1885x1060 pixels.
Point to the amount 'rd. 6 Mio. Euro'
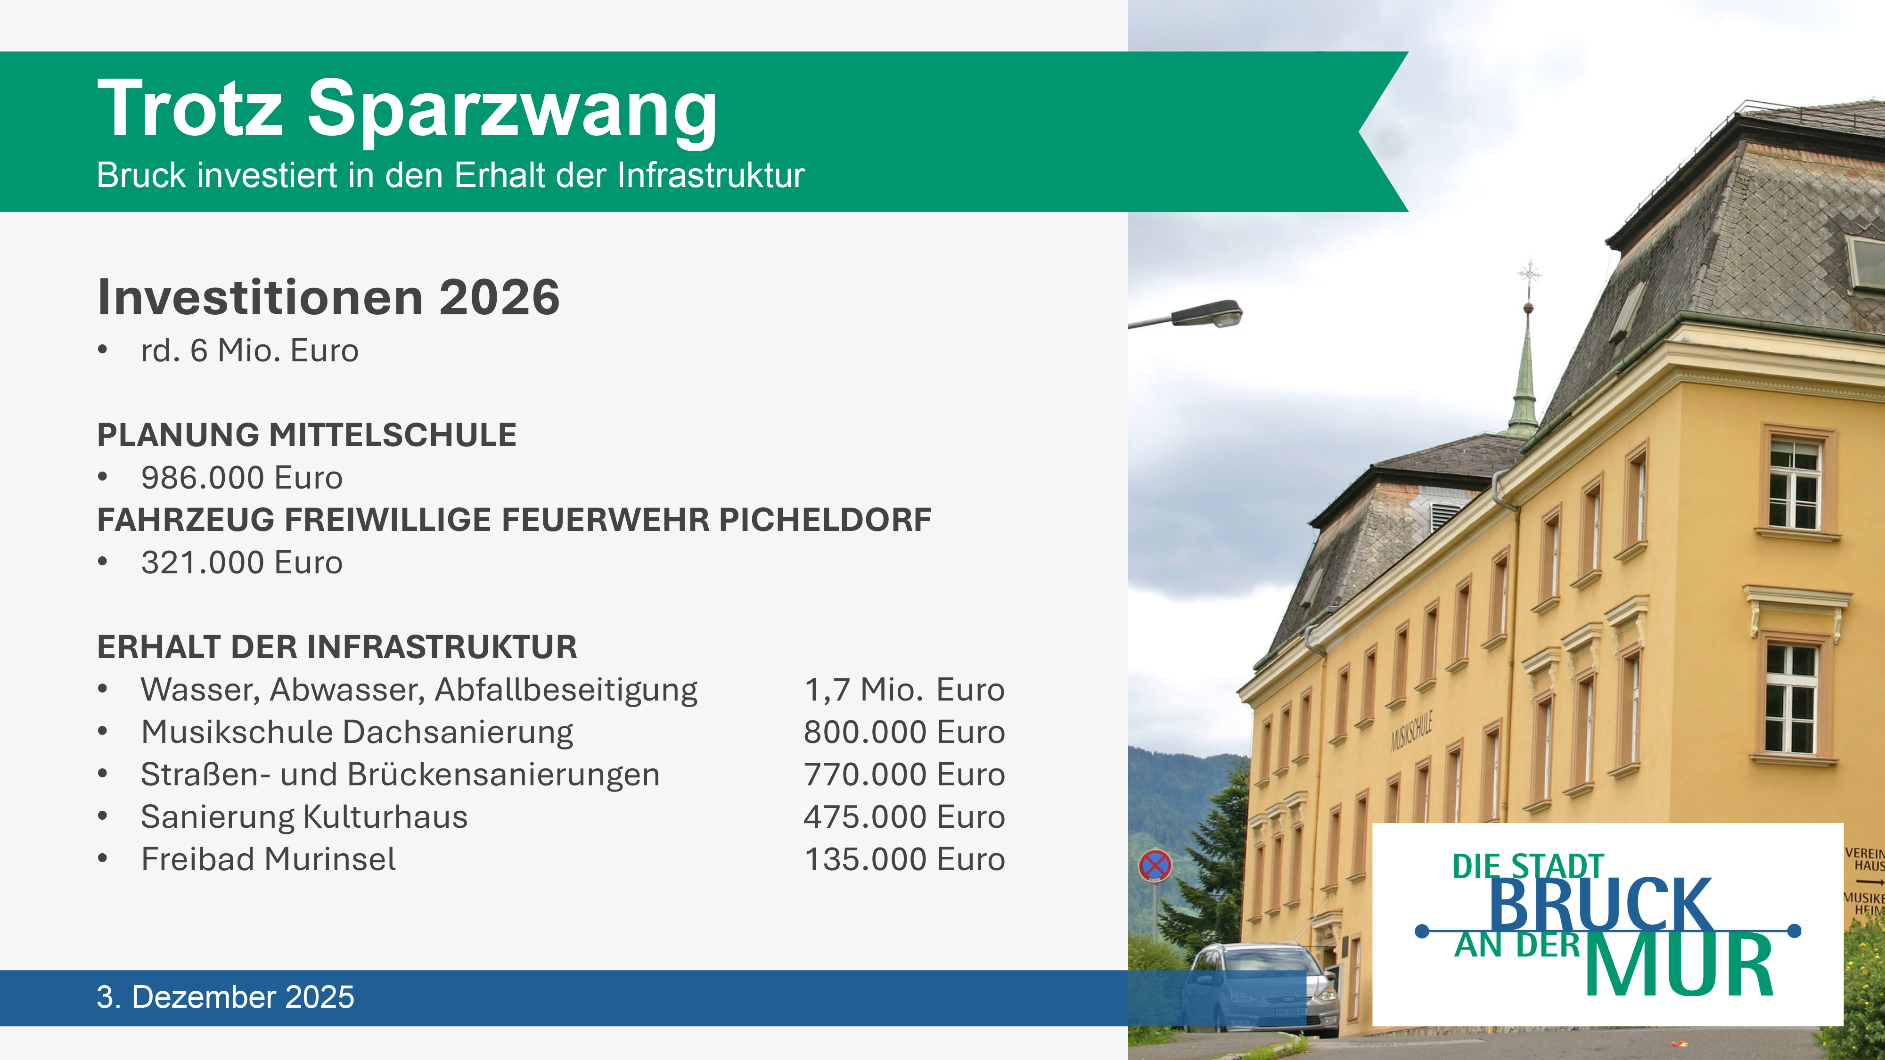click(x=250, y=351)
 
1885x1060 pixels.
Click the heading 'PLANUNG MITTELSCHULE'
click(x=307, y=435)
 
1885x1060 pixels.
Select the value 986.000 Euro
click(x=241, y=478)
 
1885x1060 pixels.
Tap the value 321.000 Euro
click(x=241, y=563)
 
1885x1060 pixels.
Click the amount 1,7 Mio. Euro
click(x=904, y=690)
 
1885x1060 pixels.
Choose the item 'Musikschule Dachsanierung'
click(x=357, y=732)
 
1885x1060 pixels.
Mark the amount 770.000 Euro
click(x=904, y=775)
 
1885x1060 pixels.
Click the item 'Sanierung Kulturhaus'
click(x=304, y=817)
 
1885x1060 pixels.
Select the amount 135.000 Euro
click(x=904, y=860)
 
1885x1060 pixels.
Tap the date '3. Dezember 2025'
click(x=225, y=997)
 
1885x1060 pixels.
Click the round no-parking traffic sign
click(x=1155, y=867)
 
